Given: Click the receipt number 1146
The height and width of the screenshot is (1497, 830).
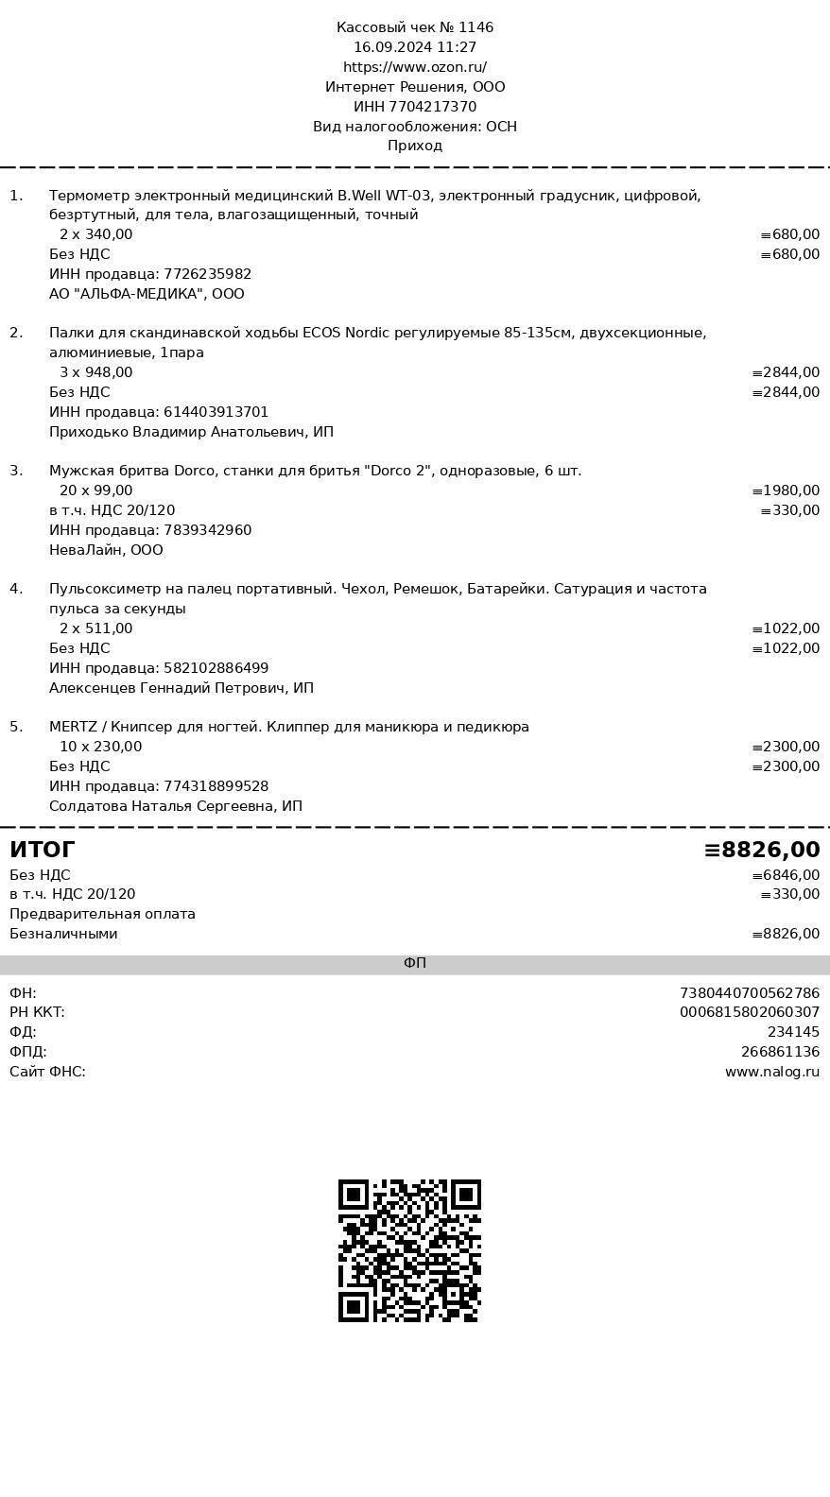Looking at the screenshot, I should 476,27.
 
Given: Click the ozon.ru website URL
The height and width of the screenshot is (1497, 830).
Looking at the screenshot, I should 415,67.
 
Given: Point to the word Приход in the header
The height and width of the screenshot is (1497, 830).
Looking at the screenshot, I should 415,146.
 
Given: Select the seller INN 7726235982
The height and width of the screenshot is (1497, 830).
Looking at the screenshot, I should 207,274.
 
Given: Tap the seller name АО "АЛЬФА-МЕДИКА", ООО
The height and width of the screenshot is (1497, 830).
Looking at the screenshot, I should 147,294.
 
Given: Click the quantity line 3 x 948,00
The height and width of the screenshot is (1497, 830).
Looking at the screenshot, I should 95,372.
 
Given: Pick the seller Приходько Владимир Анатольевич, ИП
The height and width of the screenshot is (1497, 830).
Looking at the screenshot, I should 191,432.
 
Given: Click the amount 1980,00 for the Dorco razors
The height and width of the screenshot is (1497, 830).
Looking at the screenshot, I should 787,490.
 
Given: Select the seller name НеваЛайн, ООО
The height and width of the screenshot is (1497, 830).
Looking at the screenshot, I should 106,550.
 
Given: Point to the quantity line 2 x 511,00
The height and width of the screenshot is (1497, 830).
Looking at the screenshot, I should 95,628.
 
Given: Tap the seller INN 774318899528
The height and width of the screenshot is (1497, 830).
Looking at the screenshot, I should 216,786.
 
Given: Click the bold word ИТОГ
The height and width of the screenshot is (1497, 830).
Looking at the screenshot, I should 43,850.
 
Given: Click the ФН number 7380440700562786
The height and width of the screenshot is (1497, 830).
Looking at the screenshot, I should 749,993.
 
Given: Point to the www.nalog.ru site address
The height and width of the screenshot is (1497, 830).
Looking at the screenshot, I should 771,1072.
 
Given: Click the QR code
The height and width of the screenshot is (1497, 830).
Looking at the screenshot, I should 409,1250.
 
